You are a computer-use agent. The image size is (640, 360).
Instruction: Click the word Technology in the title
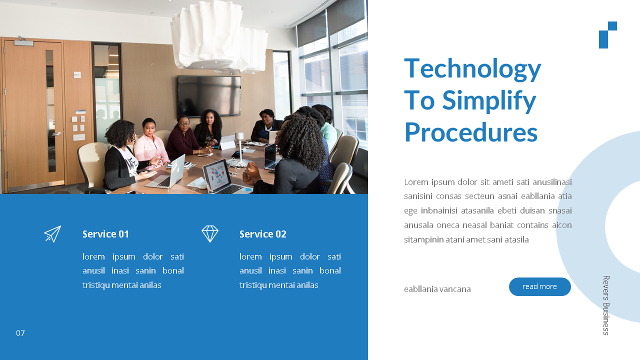pos(472,69)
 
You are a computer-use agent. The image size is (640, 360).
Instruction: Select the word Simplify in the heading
pos(489,100)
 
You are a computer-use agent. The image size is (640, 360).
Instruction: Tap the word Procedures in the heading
pos(471,132)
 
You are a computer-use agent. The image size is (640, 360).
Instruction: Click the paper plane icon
pos(52,234)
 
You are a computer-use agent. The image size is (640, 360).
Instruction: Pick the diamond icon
pos(210,234)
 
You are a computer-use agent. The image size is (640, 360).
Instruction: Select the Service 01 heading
pos(105,234)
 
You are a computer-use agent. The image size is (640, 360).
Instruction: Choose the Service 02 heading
pos(263,234)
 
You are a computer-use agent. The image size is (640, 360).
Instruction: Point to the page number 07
pos(20,333)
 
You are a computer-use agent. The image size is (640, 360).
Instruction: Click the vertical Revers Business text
pos(606,305)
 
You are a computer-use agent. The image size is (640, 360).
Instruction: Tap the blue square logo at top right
pos(607,35)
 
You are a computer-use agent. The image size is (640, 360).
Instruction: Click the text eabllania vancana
pos(437,289)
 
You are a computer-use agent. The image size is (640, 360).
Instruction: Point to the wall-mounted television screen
pos(209,96)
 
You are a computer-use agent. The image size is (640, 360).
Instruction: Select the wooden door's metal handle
pos(57,133)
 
